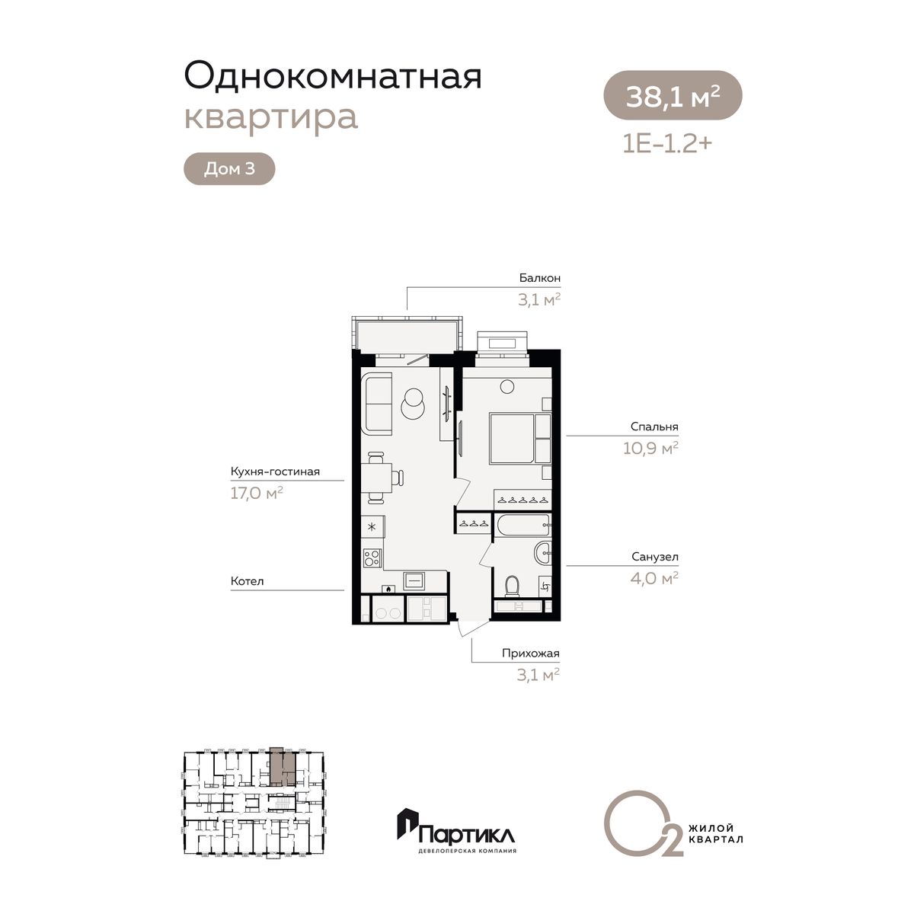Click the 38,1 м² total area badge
672,95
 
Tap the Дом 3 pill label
229,169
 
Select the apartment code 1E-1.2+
667,143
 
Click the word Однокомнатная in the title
333,76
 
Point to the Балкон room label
540,278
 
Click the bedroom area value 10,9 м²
650,448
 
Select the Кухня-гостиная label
275,471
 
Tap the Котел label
247,581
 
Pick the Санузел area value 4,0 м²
654,578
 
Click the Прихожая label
531,653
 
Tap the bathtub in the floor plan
523,526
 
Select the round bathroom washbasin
544,553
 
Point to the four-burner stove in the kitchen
372,558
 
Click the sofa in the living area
376,403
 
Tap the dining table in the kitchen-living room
376,478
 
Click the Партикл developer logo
457,834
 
